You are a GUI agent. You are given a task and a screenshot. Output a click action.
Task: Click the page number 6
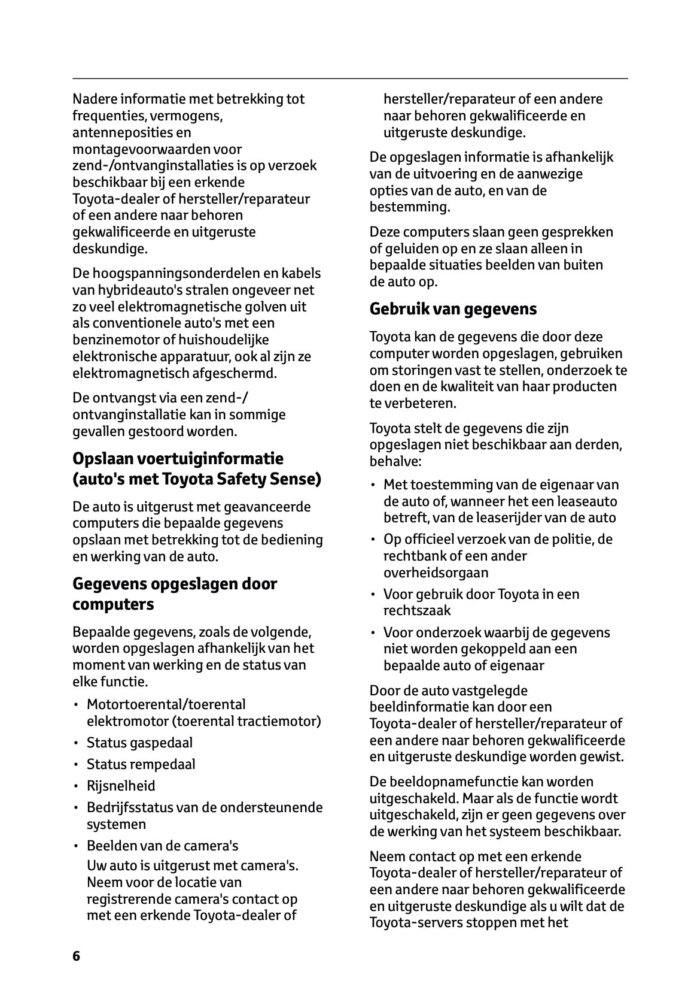(x=76, y=955)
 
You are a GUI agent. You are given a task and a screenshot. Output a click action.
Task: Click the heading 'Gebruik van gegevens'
(x=453, y=309)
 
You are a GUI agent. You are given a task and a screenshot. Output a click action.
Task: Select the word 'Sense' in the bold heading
(x=298, y=479)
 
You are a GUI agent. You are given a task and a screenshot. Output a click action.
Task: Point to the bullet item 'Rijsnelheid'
(x=121, y=786)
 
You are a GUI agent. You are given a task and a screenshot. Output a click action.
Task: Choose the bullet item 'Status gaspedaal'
(x=139, y=743)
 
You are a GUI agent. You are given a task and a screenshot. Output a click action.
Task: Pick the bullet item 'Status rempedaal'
(x=141, y=764)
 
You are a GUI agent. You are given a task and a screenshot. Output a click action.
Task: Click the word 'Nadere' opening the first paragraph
(x=93, y=99)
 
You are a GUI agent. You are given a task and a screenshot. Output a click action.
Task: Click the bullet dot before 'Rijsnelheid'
(x=76, y=786)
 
